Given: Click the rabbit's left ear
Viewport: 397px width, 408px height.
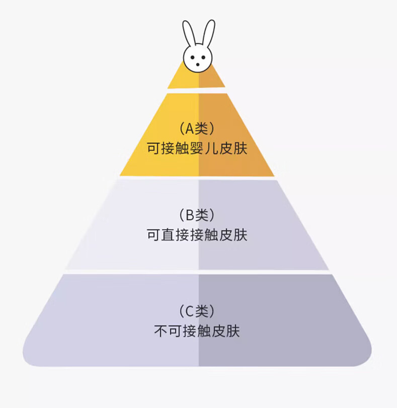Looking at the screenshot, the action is pyautogui.click(x=188, y=34).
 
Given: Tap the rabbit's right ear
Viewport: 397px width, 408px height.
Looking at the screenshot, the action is pyautogui.click(x=208, y=34).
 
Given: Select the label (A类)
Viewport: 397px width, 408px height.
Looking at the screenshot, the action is pyautogui.click(x=197, y=129).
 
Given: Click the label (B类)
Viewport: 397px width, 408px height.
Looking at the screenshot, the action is pyautogui.click(x=197, y=215).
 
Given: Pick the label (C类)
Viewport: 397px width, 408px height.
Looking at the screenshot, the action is pyautogui.click(x=197, y=311).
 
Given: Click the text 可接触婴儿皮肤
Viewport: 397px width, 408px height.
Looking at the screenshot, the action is pyautogui.click(x=197, y=149).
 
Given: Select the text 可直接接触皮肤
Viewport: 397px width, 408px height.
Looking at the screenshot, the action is pyautogui.click(x=197, y=235).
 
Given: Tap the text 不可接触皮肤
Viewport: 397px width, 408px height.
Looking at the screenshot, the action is pyautogui.click(x=197, y=331).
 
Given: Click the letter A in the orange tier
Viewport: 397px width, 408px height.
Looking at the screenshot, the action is pyautogui.click(x=190, y=129).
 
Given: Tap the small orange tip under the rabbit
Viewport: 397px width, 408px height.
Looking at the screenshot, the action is pyautogui.click(x=197, y=79).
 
